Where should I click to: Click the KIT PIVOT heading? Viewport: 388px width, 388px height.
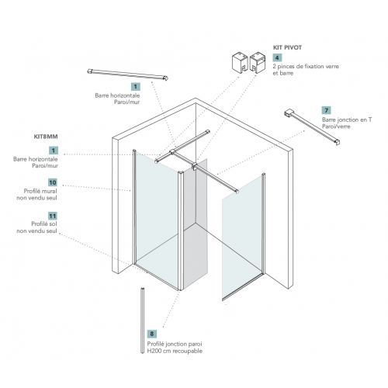tap(287, 47)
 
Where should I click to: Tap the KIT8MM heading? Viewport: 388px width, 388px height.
tap(46, 137)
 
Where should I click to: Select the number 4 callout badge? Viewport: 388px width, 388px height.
tap(277, 57)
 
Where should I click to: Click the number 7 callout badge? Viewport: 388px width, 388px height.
tap(327, 110)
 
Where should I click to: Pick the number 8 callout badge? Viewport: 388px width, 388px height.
tap(152, 334)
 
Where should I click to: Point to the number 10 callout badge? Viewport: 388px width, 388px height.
tap(53, 182)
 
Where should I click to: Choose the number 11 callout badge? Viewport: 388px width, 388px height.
tap(53, 216)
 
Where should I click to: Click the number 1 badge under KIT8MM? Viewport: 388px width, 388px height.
tap(54, 151)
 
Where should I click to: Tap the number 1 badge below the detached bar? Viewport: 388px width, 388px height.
tap(136, 87)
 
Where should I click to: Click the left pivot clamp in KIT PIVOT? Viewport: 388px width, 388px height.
tap(240, 62)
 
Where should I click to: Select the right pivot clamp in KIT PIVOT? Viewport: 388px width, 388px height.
tap(258, 62)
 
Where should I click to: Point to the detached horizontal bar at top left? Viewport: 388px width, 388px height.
tap(128, 74)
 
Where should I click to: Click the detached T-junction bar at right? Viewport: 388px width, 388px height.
tap(312, 126)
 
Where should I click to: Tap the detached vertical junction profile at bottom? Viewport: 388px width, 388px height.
tap(142, 320)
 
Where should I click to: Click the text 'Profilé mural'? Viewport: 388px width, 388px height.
tap(40, 191)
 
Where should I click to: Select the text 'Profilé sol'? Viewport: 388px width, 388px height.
tap(44, 224)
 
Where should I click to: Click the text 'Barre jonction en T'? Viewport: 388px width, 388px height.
tap(347, 120)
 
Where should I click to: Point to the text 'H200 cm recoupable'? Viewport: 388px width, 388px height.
tap(175, 351)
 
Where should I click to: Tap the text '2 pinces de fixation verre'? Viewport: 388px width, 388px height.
tap(306, 67)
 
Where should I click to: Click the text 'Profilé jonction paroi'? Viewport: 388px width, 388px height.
tap(175, 344)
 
